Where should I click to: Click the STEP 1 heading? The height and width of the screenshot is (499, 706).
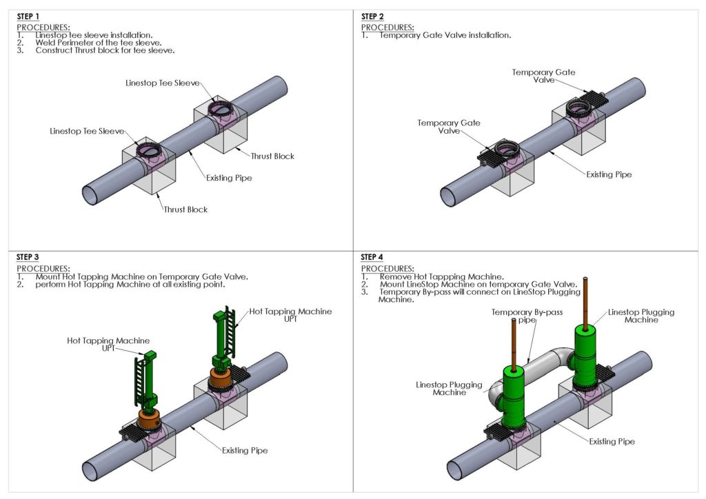[28, 16]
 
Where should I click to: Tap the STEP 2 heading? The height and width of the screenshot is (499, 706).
[372, 16]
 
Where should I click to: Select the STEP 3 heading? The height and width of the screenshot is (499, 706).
[28, 257]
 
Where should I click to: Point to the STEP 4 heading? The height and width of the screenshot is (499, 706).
[372, 257]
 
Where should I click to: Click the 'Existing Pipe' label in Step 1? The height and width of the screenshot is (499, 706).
[229, 178]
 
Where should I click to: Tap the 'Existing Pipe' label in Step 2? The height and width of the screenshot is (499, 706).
[609, 174]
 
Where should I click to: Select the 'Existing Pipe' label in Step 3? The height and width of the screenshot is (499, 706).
[244, 450]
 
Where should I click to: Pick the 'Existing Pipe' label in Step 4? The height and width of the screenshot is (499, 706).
[612, 441]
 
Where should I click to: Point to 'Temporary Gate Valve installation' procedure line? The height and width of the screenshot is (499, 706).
[445, 35]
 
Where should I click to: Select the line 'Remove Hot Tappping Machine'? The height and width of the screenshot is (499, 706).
[441, 276]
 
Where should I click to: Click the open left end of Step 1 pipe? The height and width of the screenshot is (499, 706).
[91, 194]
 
